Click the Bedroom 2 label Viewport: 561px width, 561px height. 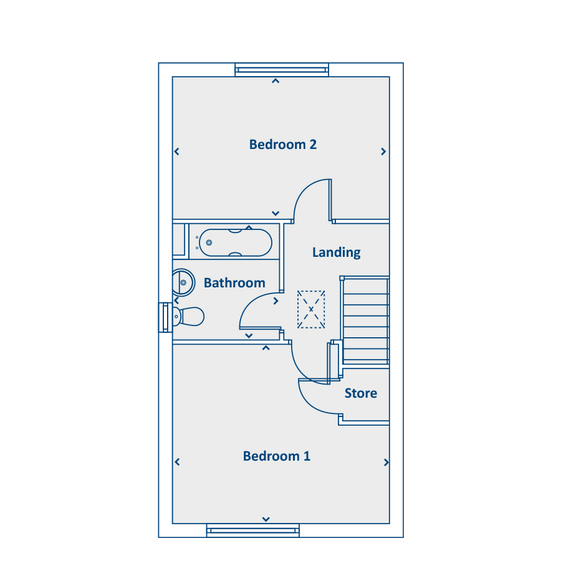[282, 145]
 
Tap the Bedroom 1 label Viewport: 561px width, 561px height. [276, 456]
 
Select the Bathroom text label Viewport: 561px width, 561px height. [234, 283]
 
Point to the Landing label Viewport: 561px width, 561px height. [336, 252]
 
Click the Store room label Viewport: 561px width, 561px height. [360, 393]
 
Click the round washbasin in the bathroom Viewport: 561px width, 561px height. [182, 282]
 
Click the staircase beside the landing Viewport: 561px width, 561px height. [365, 321]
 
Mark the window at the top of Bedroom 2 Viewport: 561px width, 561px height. [282, 70]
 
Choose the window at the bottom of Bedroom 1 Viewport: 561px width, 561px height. [253, 530]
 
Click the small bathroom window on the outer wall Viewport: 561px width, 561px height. [165, 317]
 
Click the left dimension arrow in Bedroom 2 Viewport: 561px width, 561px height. [177, 151]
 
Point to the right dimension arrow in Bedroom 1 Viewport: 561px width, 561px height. [386, 463]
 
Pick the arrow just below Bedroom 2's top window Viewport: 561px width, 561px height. [276, 81]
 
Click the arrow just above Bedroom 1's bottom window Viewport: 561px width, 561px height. [266, 519]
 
